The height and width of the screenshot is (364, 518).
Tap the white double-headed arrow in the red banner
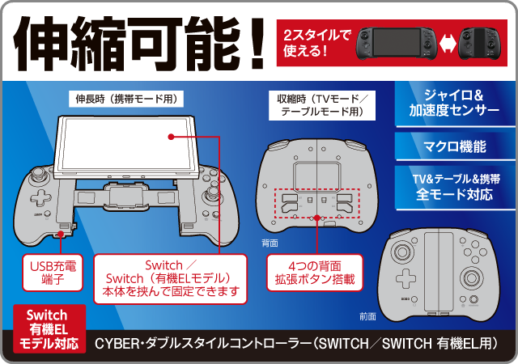(448, 43)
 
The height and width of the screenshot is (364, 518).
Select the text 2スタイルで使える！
(316, 43)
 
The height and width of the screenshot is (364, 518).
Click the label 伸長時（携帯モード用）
(126, 99)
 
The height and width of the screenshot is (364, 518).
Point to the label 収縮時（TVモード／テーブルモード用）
(322, 105)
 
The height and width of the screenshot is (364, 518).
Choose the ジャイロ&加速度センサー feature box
(455, 104)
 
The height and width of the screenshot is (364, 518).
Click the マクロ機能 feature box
(455, 146)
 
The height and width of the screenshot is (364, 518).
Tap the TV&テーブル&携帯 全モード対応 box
(455, 188)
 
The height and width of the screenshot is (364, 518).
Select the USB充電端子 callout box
(53, 273)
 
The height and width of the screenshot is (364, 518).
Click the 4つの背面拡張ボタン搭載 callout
(315, 273)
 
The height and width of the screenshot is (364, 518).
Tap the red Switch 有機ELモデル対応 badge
(49, 329)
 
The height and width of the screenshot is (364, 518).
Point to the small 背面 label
(270, 243)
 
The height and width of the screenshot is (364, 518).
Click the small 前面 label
(367, 317)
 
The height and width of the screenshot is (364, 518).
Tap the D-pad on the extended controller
(41, 198)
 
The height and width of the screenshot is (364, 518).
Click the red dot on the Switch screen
(171, 137)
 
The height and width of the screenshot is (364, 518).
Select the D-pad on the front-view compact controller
(406, 278)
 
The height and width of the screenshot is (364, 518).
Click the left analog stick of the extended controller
(38, 176)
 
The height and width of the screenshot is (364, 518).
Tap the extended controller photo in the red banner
(397, 43)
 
